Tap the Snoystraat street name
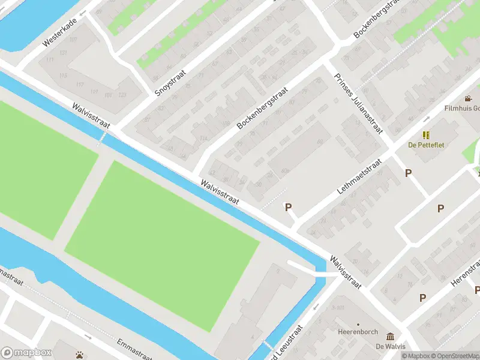pos(170,83)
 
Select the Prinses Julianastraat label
pos(358,107)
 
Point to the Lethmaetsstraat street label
pos(359,176)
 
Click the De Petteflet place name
pos(426,145)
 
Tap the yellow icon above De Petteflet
pos(426,135)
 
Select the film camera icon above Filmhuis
pos(468,98)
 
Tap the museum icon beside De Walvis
pos(391,336)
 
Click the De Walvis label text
pos(391,346)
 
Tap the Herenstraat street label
pos(469,274)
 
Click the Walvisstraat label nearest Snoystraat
pos(91,115)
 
